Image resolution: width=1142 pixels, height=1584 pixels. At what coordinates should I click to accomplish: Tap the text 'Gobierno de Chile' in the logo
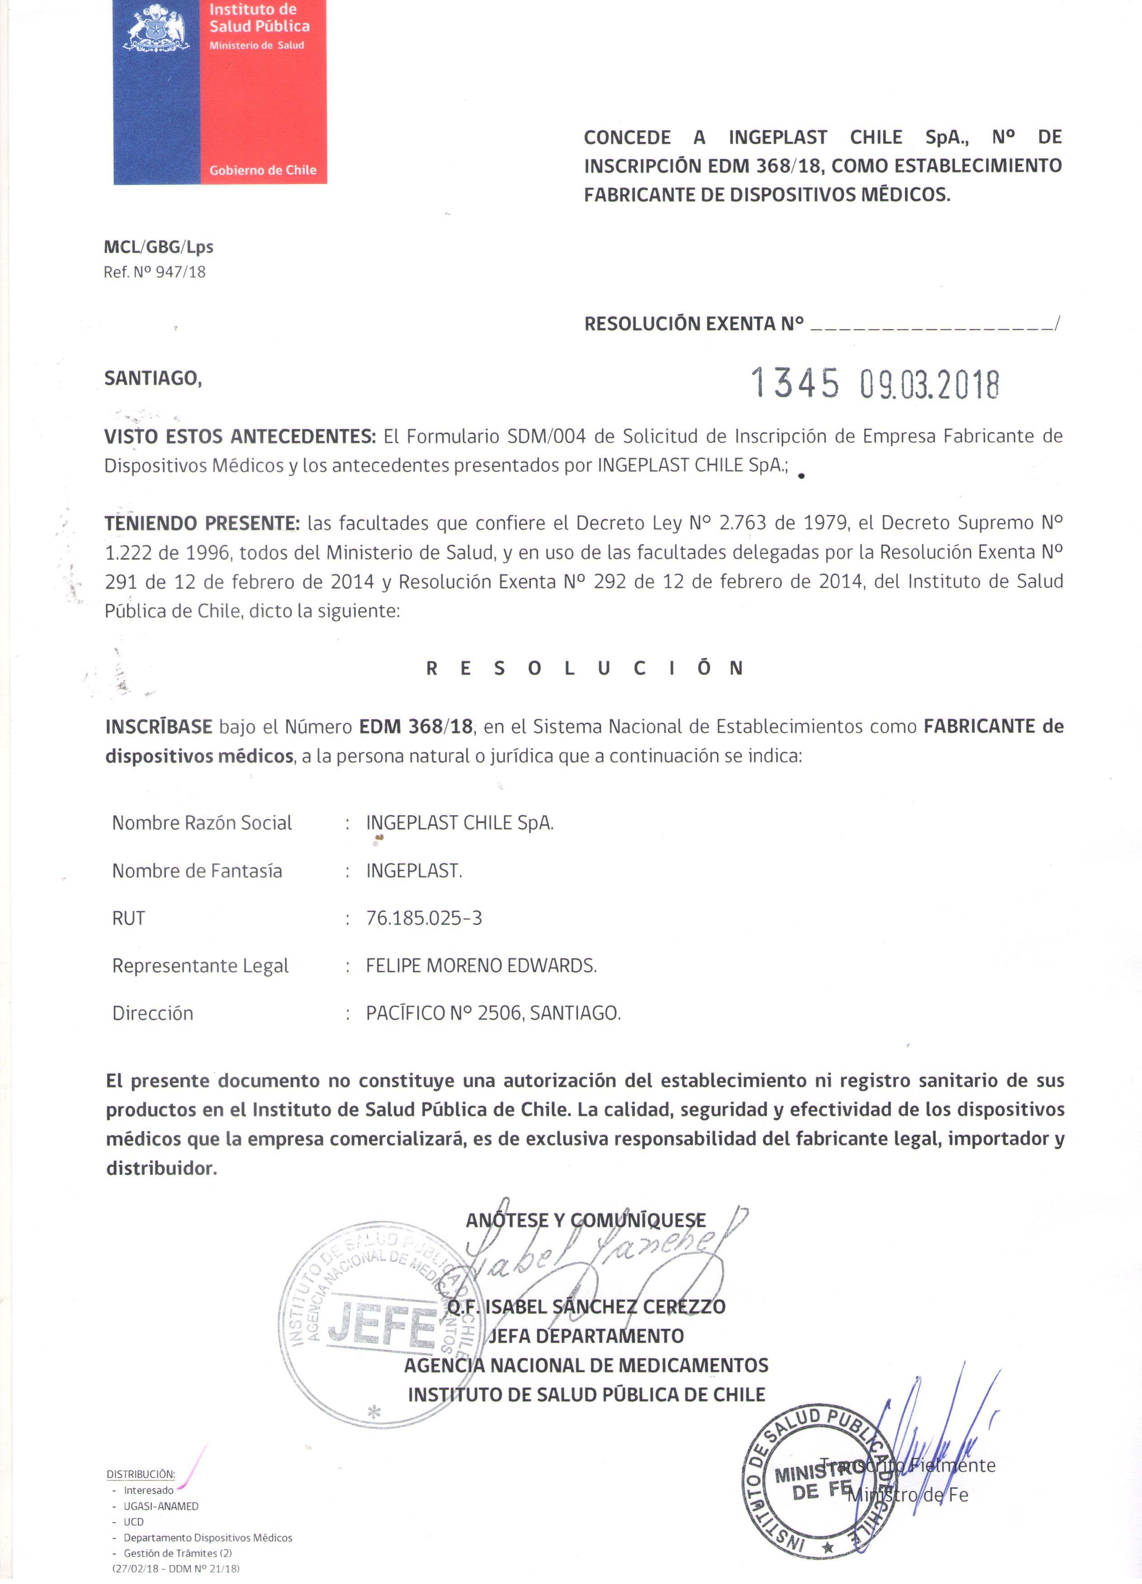(x=262, y=170)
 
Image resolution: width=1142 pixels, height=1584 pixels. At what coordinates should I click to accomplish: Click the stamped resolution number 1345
(x=795, y=383)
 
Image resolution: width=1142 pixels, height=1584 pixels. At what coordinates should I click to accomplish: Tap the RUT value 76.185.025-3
(x=424, y=918)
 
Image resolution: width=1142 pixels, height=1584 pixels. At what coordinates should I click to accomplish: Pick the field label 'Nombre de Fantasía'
(x=197, y=871)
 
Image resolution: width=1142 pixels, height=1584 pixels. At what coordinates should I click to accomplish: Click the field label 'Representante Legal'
(x=201, y=966)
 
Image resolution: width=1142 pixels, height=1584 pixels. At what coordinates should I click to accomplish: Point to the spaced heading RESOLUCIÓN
(x=585, y=668)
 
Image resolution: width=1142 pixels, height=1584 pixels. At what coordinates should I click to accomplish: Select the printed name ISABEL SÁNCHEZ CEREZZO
(x=605, y=1306)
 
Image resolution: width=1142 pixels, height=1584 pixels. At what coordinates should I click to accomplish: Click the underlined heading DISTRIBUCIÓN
(x=140, y=1474)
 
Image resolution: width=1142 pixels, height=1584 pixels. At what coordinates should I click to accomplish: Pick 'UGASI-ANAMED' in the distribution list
(x=161, y=1506)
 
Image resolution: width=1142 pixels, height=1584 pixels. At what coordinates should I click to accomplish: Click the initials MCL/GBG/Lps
(x=159, y=247)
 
